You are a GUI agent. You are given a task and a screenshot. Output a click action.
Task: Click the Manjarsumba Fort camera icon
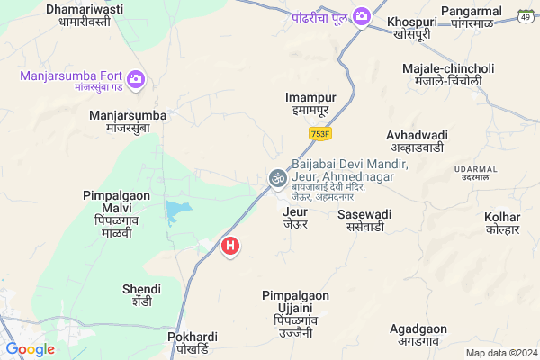coord(137,79)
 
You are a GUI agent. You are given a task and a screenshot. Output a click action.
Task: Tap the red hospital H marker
coord(230,245)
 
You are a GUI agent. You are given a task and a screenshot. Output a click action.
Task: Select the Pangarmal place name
coord(476,16)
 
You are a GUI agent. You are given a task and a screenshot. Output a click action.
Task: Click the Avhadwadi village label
coord(418,141)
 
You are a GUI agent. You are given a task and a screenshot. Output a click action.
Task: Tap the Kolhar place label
coord(502,224)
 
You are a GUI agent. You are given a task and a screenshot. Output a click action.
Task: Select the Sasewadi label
coord(364,221)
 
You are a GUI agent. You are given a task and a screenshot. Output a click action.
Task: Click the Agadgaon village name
coord(418,336)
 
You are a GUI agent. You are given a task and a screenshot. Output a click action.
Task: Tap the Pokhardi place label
coord(193,343)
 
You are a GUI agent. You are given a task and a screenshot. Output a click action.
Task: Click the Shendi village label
coord(141,295)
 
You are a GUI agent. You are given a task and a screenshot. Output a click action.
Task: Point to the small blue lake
coord(178,213)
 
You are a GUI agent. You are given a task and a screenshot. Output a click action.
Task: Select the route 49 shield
coord(525,15)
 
